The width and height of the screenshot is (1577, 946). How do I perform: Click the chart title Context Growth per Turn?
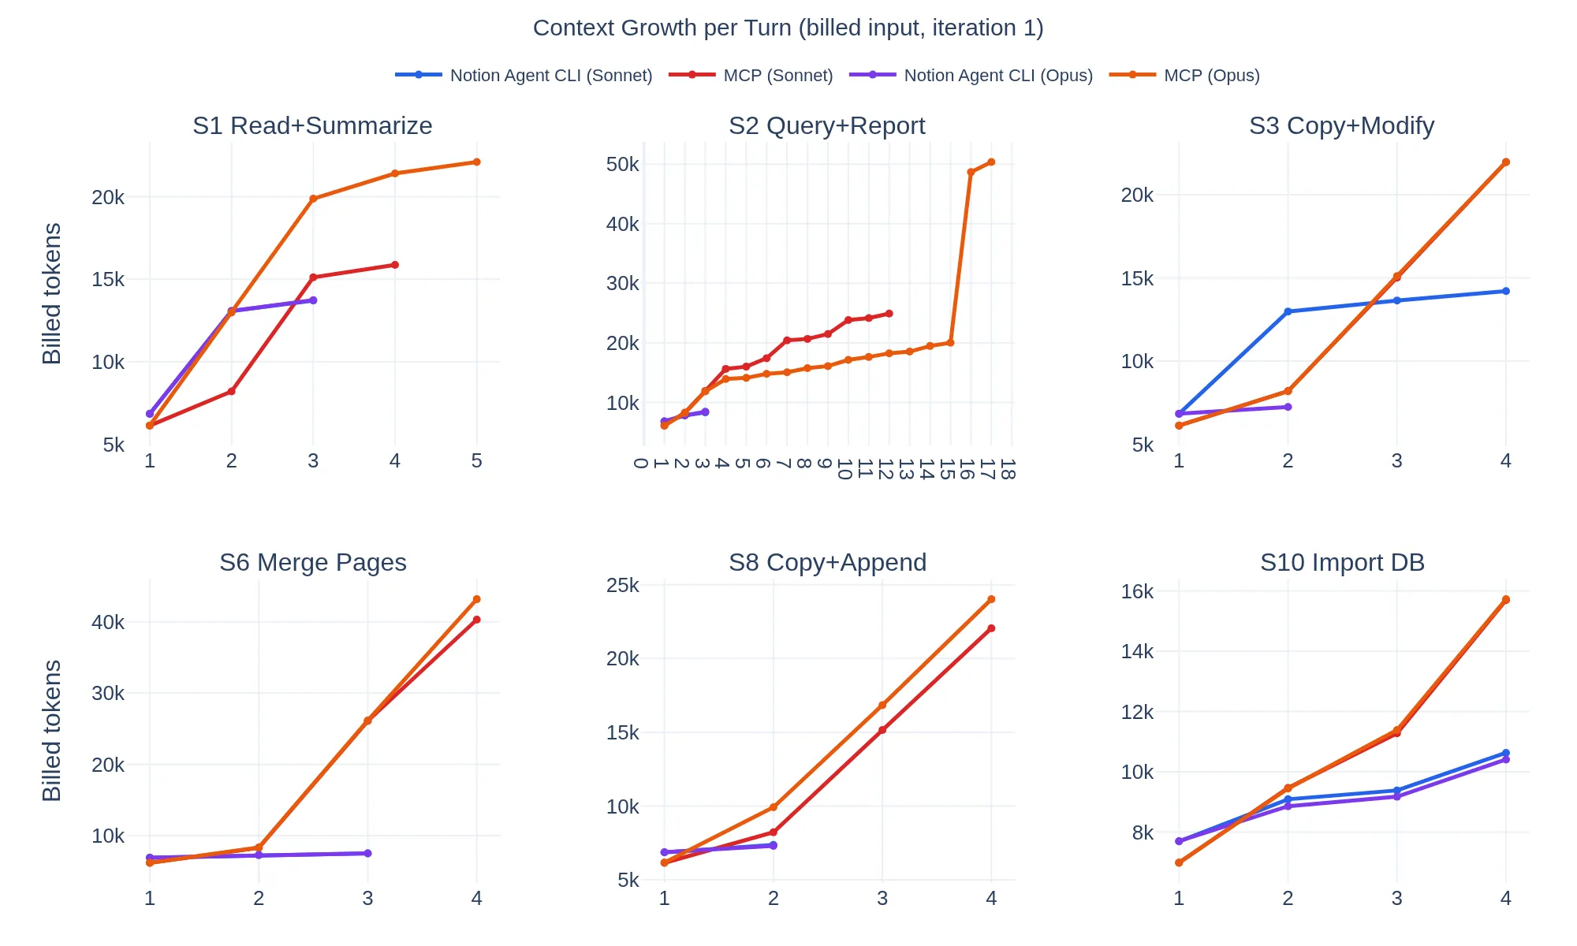(788, 28)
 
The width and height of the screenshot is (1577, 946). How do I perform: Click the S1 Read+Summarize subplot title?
(312, 125)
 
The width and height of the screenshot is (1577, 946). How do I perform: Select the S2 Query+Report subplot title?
(826, 125)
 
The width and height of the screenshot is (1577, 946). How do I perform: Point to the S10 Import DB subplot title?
(1342, 562)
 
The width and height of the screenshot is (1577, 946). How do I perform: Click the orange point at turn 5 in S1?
(476, 162)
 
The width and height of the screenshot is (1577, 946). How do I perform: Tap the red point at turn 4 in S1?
(395, 265)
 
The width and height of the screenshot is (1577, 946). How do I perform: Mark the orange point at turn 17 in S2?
(991, 162)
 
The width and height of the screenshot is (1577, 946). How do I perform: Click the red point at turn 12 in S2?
(889, 314)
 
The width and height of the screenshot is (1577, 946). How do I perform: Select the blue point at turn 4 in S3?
(1505, 291)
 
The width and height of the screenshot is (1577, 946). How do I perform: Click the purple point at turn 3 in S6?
(367, 853)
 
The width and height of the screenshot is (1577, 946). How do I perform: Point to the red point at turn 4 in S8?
(991, 628)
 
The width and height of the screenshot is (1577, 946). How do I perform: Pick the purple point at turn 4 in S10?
(1505, 759)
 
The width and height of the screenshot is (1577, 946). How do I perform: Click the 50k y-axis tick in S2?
(622, 164)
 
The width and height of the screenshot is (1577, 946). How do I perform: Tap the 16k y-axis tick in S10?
(1137, 591)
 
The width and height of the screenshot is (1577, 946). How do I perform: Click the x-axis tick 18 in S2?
(1007, 469)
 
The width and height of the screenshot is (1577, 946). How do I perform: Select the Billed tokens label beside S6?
(52, 730)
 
